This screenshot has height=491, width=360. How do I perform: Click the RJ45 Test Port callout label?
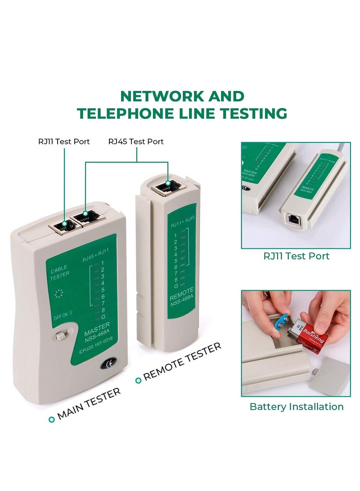136,141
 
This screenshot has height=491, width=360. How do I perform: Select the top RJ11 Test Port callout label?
64,141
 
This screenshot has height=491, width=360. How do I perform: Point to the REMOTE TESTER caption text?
183,361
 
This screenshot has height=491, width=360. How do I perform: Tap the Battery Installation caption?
297,406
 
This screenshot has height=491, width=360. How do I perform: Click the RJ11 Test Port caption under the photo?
297,256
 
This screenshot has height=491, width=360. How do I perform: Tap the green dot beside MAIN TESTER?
52,419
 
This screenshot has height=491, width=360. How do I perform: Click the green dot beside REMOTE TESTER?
139,380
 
